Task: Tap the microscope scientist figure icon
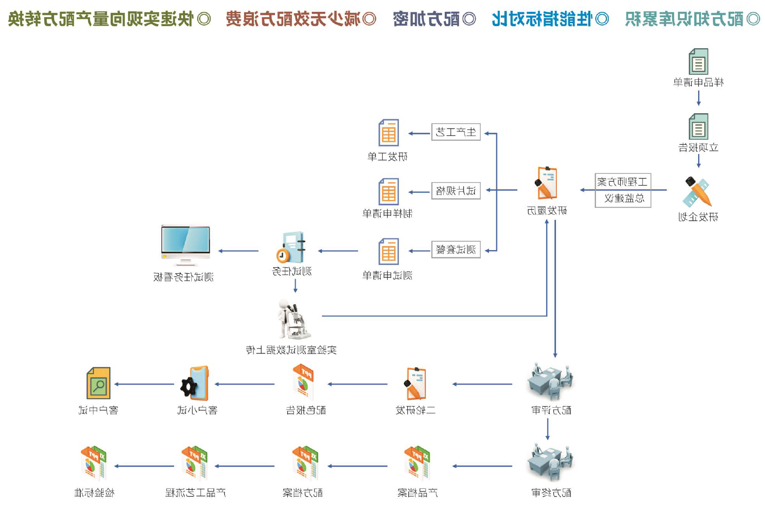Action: (294, 320)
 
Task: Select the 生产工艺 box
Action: (456, 132)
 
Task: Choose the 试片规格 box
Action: (456, 191)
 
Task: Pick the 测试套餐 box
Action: (456, 250)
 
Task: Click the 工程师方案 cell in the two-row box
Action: (623, 182)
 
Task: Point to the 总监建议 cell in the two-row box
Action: (623, 198)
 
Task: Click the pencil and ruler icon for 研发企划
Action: (697, 192)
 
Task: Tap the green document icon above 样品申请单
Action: (698, 62)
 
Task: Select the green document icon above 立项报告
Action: (698, 127)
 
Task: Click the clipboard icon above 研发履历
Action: (547, 183)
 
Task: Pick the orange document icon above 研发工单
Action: (388, 132)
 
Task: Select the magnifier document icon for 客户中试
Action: (98, 383)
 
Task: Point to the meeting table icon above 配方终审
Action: (550, 463)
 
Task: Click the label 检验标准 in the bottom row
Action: (94, 493)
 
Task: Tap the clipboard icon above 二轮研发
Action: (415, 383)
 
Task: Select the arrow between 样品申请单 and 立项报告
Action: (698, 98)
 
